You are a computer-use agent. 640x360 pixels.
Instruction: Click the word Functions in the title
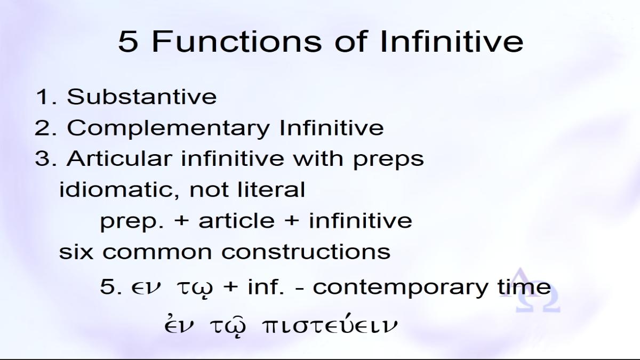click(237, 42)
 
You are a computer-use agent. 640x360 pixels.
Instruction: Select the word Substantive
click(142, 97)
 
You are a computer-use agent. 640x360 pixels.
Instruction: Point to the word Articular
click(119, 158)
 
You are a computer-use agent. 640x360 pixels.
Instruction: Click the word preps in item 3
click(389, 160)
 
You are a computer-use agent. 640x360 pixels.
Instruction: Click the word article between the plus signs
click(237, 220)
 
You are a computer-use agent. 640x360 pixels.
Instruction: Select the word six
click(76, 251)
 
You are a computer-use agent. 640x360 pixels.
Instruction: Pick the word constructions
click(306, 252)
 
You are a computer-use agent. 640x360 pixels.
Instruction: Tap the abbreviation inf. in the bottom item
click(266, 286)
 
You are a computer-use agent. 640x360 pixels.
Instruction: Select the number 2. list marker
click(46, 127)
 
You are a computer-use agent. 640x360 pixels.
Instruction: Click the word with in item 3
click(318, 158)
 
